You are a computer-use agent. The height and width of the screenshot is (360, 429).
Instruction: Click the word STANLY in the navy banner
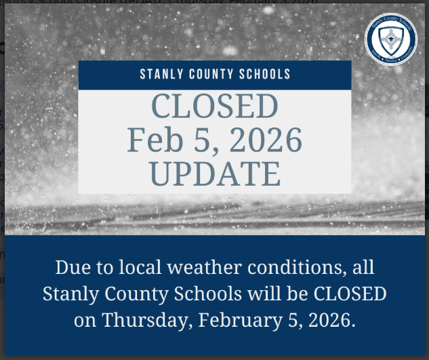(161, 74)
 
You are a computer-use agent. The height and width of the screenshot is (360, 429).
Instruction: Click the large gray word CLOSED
(214, 107)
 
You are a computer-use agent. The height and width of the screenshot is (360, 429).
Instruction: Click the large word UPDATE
(214, 174)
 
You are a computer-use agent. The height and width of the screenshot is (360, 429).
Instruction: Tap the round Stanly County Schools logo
(390, 40)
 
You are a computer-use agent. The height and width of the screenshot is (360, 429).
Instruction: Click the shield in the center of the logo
(390, 39)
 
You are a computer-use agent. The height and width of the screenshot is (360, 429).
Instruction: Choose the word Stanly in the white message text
(69, 294)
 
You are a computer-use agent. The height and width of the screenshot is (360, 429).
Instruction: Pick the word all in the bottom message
(360, 267)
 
